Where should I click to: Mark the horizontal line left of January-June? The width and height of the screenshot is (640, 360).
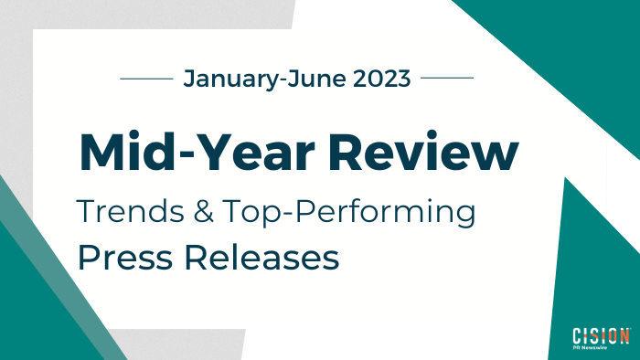pos(147,79)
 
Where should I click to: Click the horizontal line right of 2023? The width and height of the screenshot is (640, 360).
pos(446,79)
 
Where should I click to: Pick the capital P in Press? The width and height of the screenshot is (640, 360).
pos(87,257)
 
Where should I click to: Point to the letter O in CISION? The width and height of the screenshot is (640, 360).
pos(612,334)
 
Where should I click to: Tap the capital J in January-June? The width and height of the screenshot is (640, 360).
pos(189,79)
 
